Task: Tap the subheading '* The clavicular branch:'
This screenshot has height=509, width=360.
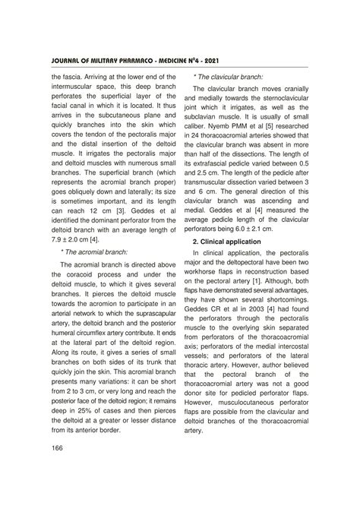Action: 229,77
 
